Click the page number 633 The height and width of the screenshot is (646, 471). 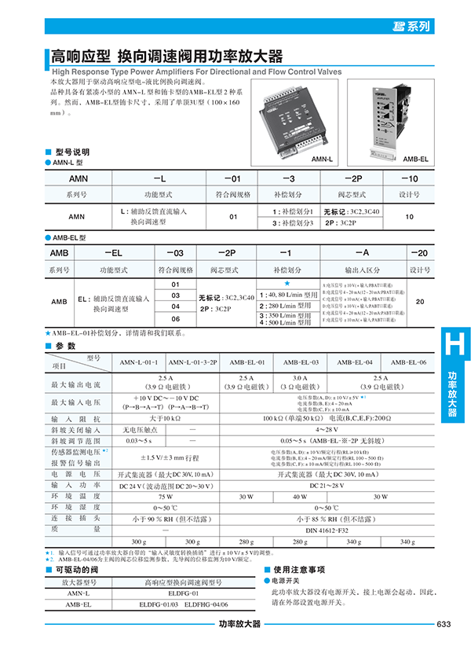(443, 625)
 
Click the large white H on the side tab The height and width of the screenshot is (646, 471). (452, 346)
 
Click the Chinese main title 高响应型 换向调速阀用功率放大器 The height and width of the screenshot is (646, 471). (166, 57)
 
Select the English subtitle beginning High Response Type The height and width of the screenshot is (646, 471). (196, 72)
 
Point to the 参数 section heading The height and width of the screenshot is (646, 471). (66, 346)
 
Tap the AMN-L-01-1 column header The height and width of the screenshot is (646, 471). (139, 362)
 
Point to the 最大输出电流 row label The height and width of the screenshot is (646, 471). (76, 385)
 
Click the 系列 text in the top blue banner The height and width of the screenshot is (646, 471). (418, 26)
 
